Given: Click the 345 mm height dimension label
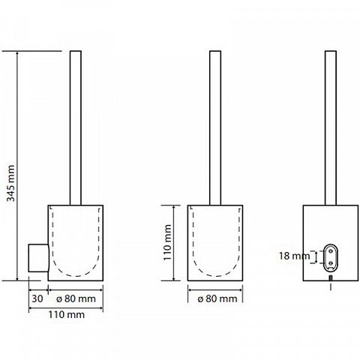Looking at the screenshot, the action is pos(10,183).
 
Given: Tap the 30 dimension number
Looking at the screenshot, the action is pos(37,298).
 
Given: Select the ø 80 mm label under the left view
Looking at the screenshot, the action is pos(76,298).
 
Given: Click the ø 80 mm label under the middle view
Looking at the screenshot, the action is pos(217,298).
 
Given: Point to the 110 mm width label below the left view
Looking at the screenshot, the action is pos(67,314).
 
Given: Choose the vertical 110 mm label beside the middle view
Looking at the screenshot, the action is pos(167,242).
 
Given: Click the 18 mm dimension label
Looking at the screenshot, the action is pos(294,256).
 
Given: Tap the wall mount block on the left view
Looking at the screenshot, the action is pos(38,258).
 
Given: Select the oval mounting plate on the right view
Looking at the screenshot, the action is pos(331,257).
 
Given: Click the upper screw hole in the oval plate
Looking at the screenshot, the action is pos(331,250).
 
